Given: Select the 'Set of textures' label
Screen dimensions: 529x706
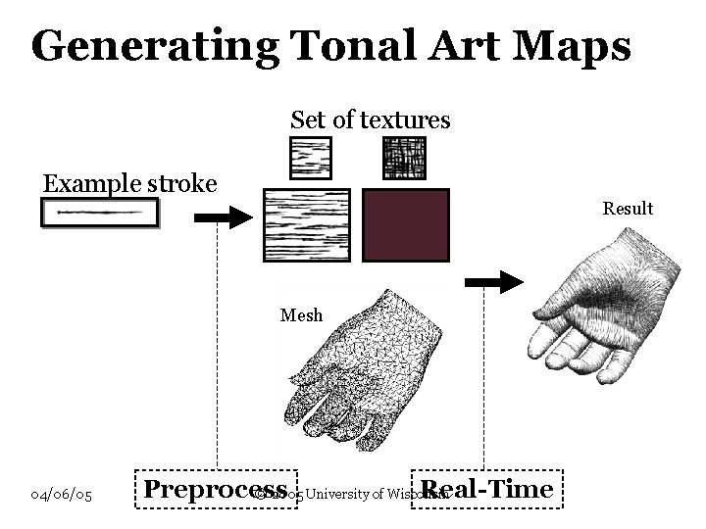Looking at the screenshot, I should coord(370,120).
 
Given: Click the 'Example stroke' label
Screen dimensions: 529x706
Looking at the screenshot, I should coord(128,183).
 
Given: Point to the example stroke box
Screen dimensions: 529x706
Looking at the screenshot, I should coord(99,213).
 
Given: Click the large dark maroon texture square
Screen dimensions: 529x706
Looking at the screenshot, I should coord(406,225).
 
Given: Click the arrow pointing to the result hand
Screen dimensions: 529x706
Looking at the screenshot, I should coord(495,283).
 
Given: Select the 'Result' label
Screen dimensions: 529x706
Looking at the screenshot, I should coord(628,209).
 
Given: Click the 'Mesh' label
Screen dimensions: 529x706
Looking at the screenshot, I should coord(300,315).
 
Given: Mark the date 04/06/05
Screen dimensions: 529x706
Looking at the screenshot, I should coord(61,496).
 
